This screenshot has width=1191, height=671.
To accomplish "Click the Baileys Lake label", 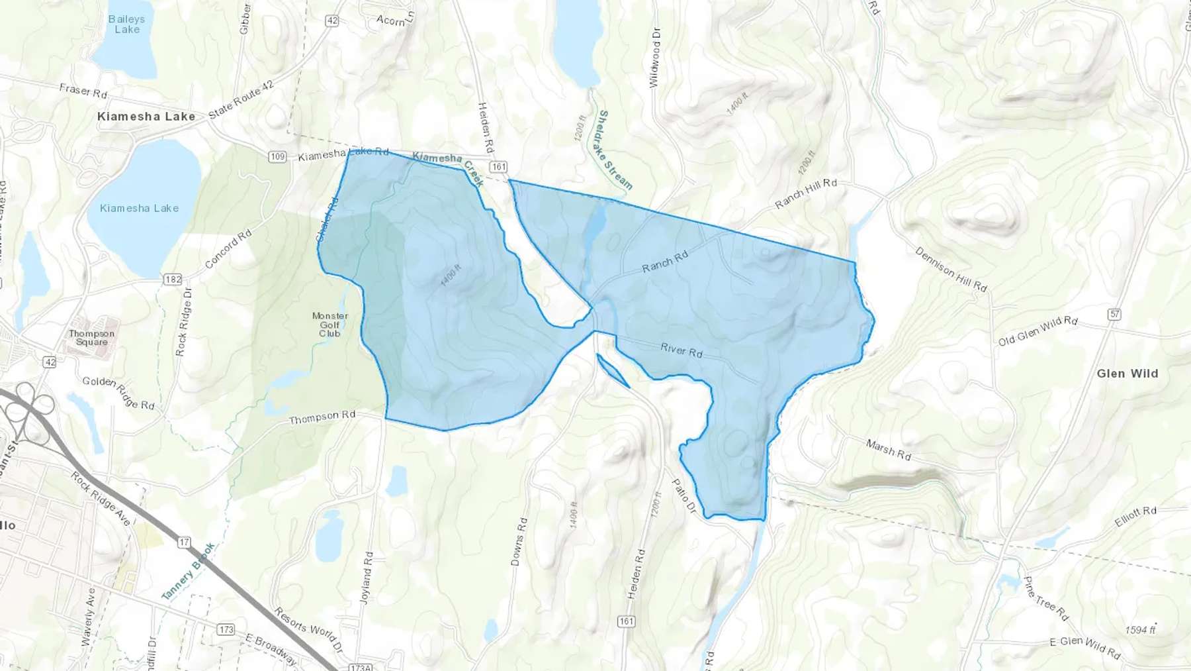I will (126, 25).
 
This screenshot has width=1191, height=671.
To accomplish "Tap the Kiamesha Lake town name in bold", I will (146, 117).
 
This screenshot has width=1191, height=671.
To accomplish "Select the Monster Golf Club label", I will (330, 325).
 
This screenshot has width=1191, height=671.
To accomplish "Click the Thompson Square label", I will (91, 338).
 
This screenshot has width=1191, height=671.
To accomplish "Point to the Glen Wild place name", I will (1127, 374).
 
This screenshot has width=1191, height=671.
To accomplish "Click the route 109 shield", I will (277, 157).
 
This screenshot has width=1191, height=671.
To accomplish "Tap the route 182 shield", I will (173, 280).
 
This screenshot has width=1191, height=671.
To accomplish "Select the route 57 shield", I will (1114, 314).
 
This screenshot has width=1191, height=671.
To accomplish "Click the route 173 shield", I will (226, 629).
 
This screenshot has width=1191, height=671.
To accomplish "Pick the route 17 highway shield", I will (184, 542).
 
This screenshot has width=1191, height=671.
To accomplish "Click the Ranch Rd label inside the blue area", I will (665, 262).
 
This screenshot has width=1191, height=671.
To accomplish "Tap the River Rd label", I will (682, 350).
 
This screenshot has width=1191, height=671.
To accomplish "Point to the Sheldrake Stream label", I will (614, 150).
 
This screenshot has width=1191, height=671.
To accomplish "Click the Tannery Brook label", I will (189, 571).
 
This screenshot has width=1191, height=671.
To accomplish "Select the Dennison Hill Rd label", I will (951, 269).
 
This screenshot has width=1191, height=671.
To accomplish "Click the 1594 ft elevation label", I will (1140, 630).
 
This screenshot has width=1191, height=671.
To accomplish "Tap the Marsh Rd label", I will (888, 450).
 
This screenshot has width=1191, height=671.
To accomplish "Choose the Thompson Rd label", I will (322, 417).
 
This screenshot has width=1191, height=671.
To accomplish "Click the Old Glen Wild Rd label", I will (1037, 331).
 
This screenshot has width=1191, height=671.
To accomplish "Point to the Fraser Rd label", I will (83, 91).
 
